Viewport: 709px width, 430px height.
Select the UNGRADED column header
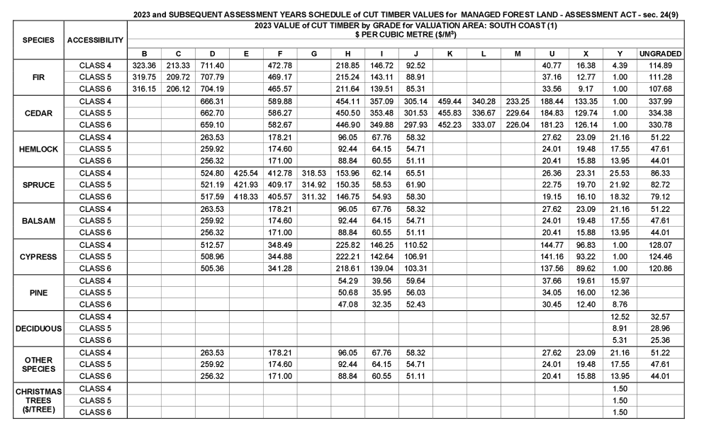coord(661,53)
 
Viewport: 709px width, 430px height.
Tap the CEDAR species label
coord(34,113)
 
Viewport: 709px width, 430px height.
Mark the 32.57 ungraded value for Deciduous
coord(661,316)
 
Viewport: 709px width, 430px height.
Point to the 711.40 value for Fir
coord(211,66)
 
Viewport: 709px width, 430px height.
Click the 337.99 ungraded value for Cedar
coord(661,101)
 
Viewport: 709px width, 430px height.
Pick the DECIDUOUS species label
coord(34,328)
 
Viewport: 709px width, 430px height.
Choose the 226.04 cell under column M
coord(518,125)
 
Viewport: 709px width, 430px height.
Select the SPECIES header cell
coord(34,40)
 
